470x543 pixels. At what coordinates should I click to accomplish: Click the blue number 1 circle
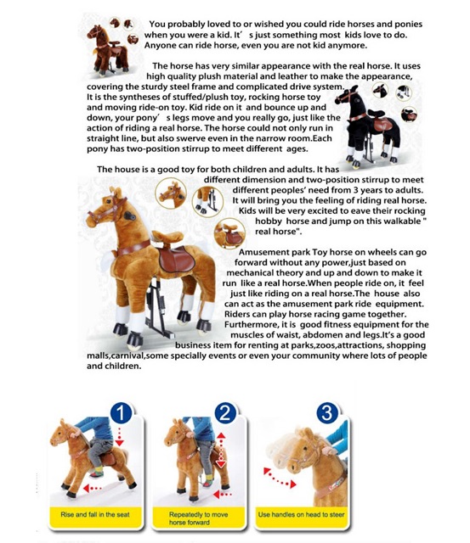[121, 412]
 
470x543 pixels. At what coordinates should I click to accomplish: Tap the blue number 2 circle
[224, 413]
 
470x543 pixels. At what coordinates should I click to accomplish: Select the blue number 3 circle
[327, 413]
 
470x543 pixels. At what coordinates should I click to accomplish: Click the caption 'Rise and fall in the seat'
[95, 515]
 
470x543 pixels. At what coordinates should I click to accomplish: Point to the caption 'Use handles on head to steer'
[301, 515]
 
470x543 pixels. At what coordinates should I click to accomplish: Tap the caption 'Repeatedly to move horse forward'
[198, 518]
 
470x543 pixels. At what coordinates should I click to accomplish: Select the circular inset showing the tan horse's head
[171, 193]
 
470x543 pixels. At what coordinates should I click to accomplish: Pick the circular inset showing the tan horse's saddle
[229, 233]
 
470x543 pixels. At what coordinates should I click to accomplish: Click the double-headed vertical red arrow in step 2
[221, 451]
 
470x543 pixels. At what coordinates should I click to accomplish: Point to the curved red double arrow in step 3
[280, 478]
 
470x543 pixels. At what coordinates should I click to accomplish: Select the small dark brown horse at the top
[108, 50]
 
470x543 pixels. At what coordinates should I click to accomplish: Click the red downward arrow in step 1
[119, 436]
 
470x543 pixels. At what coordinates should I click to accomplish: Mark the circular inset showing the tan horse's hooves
[207, 202]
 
